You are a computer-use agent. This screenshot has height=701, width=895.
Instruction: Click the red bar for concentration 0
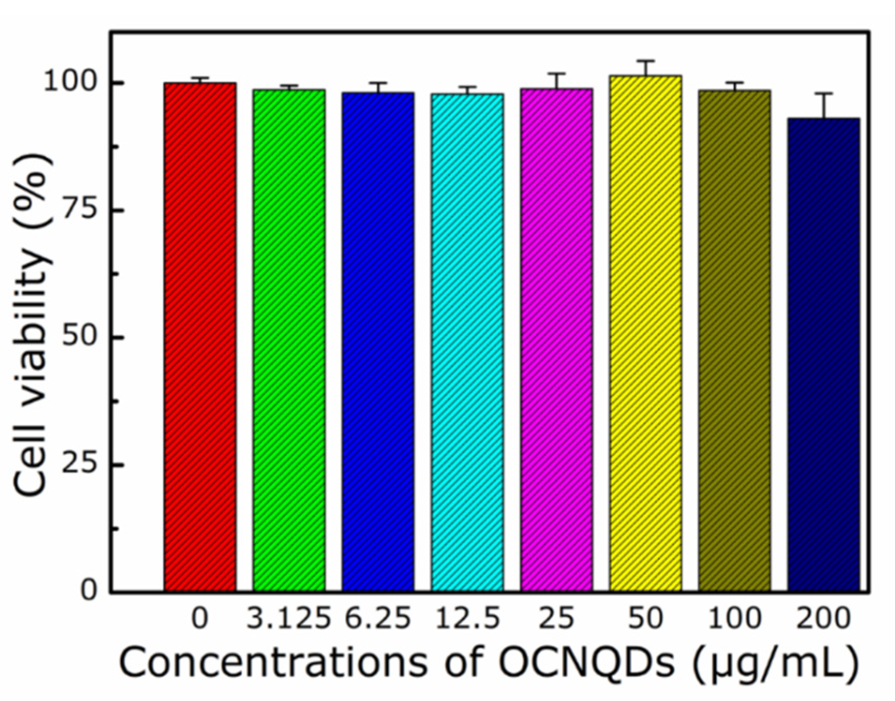click(x=200, y=337)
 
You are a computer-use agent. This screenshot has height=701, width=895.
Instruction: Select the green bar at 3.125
click(x=289, y=340)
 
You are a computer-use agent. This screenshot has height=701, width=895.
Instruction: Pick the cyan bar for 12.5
click(x=467, y=343)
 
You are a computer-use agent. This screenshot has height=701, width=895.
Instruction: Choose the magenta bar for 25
click(x=556, y=340)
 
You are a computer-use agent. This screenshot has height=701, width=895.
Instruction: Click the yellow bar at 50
click(x=645, y=334)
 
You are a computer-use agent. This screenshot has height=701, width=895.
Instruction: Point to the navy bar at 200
click(x=824, y=355)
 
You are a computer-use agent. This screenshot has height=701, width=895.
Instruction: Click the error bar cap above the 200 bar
click(x=824, y=94)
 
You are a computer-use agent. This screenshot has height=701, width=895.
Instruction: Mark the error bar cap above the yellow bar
click(x=645, y=61)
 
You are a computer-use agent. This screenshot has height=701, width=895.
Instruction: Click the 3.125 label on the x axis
click(x=289, y=619)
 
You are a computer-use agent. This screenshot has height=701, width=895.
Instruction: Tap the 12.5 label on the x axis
click(x=467, y=619)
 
